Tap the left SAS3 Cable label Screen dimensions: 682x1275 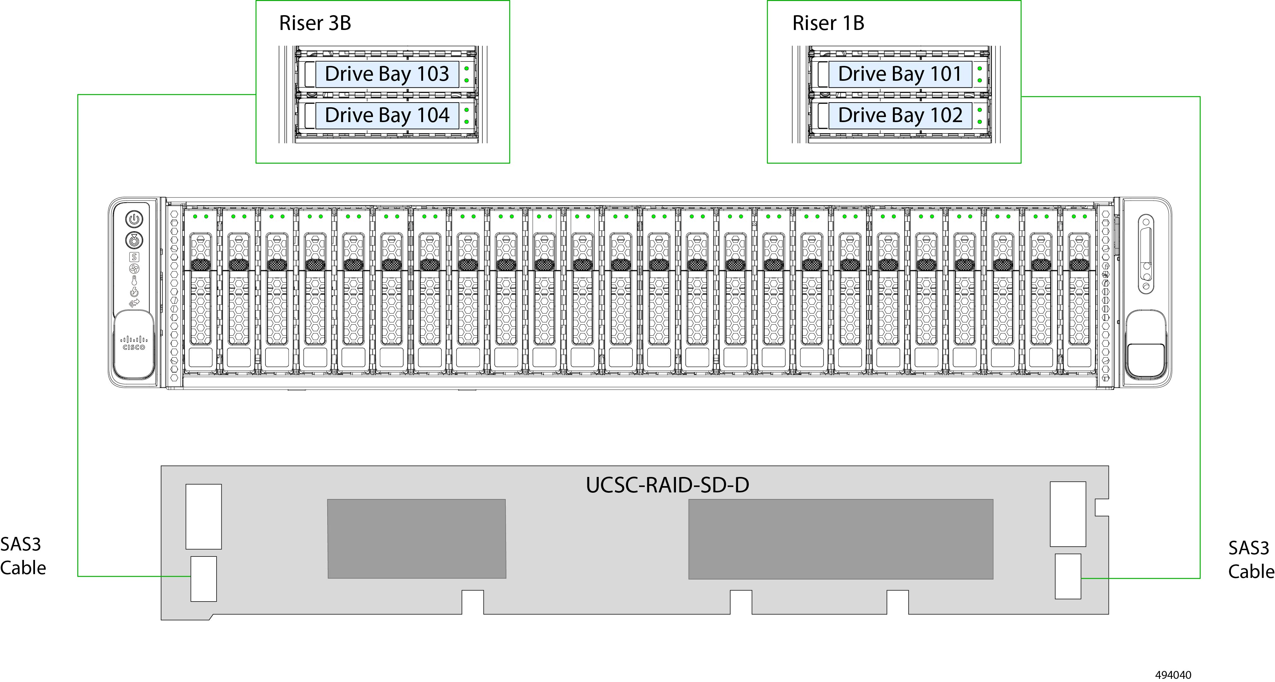pyautogui.click(x=22, y=556)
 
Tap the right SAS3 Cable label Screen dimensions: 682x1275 pyautogui.click(x=1250, y=560)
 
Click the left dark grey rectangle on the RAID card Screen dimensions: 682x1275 pyautogui.click(x=417, y=538)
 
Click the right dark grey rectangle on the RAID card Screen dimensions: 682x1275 pyautogui.click(x=841, y=539)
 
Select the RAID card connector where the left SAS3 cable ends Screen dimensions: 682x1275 pyautogui.click(x=203, y=579)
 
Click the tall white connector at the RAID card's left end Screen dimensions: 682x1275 pyautogui.click(x=203, y=516)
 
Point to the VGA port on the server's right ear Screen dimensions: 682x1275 pyautogui.click(x=1146, y=254)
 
